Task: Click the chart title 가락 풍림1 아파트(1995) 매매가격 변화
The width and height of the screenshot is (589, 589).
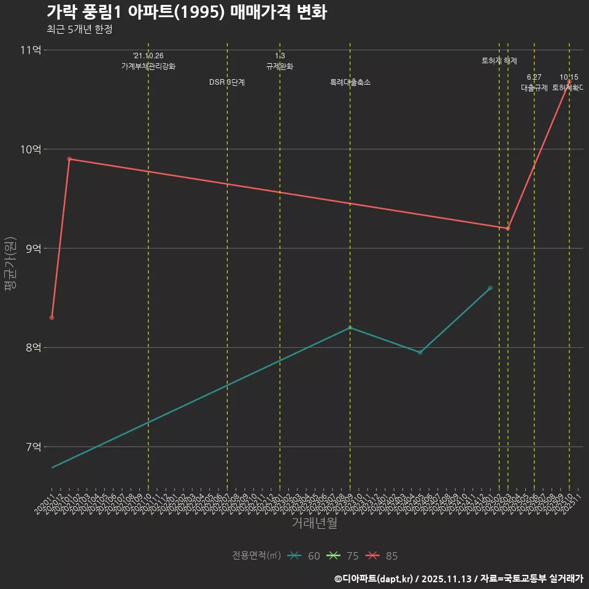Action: point(187,13)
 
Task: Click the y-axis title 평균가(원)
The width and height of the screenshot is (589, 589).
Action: point(10,264)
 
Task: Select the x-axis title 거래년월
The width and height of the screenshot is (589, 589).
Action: point(314,523)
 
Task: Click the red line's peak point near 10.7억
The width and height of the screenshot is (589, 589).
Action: point(569,82)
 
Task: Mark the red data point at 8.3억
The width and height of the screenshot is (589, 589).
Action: point(52,317)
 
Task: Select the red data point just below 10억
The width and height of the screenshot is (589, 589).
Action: point(69,159)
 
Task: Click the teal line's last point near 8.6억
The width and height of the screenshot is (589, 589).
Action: point(490,288)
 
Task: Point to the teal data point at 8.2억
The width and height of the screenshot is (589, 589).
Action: point(350,328)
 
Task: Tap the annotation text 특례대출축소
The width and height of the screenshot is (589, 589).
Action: point(350,82)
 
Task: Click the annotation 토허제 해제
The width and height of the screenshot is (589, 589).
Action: point(499,61)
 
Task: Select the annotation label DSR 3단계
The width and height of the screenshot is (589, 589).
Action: point(227,82)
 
